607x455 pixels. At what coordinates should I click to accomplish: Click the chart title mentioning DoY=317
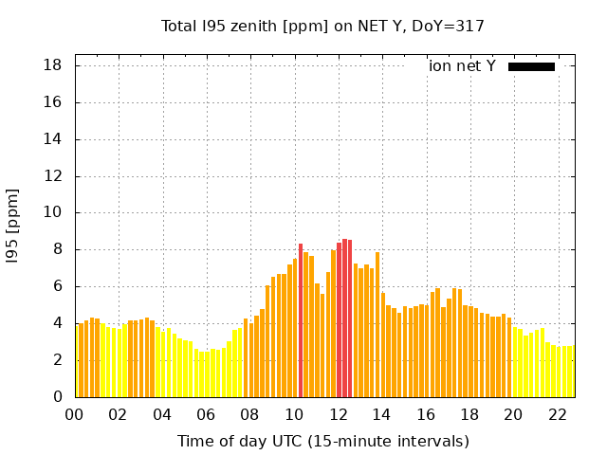point(322,26)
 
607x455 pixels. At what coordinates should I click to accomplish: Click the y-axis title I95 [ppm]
point(12,226)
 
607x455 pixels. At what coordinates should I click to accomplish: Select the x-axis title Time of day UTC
point(322,441)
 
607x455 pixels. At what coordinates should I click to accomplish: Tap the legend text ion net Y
point(462,66)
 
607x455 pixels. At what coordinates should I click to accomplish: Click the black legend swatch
point(531,66)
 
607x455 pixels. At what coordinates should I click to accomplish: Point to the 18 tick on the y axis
point(53,65)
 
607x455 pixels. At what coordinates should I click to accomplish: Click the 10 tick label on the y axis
point(53,213)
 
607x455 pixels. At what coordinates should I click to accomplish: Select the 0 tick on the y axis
point(58,397)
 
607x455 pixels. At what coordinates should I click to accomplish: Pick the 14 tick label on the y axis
point(53,139)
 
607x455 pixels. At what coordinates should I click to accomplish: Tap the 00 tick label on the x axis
point(75,415)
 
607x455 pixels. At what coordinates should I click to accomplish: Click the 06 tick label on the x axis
point(207,415)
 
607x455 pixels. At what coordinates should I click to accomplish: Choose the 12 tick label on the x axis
point(339,415)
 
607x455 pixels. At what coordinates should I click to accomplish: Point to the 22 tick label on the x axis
point(558,415)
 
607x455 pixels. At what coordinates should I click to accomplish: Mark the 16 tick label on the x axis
point(426,415)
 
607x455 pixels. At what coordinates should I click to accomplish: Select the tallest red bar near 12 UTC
point(344,318)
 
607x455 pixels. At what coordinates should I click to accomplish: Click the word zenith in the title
point(248,26)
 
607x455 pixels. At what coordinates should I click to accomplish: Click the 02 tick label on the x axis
point(119,415)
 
